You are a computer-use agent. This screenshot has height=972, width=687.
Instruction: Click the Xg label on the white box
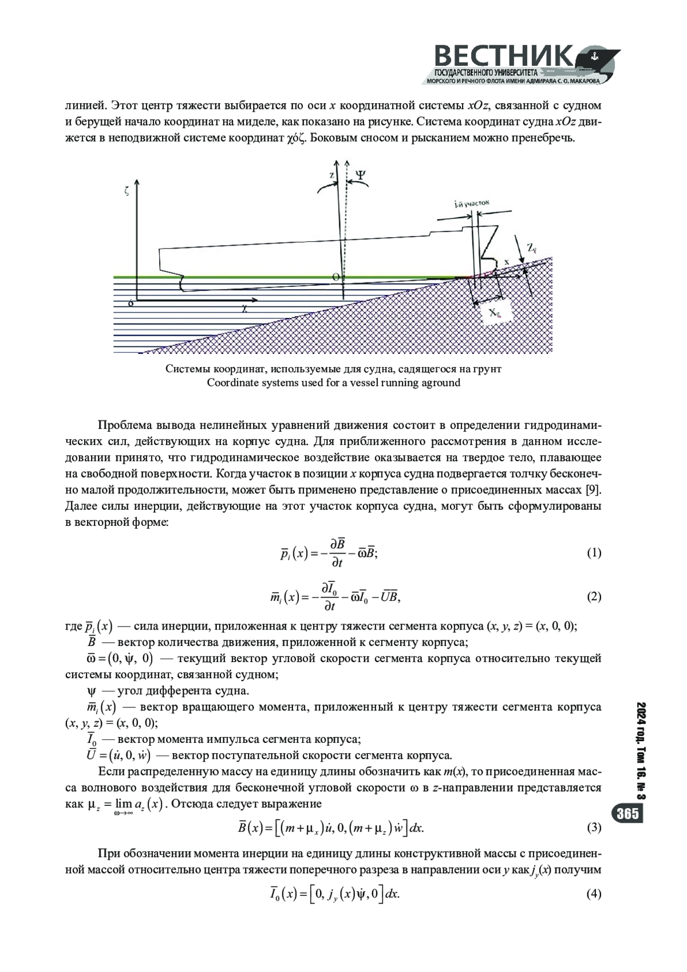494,313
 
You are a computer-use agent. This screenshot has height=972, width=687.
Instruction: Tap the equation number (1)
594,553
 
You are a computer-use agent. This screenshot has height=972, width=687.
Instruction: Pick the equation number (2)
594,597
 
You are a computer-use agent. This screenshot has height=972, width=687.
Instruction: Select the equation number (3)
594,828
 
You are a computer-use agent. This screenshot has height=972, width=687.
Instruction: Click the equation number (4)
594,895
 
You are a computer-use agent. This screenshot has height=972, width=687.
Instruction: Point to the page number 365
628,814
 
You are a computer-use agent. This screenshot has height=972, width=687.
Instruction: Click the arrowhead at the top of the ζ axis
137,184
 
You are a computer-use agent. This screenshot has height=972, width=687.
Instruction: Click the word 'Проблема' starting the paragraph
124,426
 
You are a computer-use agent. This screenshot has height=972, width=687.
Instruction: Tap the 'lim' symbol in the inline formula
123,804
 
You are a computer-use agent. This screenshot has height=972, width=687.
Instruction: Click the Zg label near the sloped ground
532,248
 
